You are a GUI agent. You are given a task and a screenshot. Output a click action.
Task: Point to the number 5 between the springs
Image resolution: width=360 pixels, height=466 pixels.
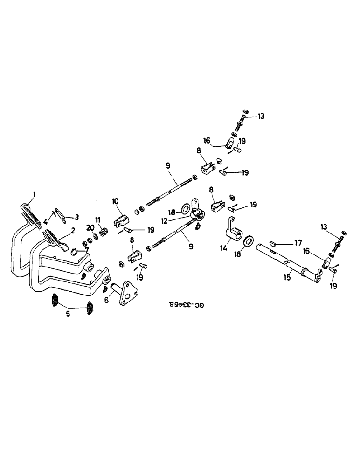point(68,314)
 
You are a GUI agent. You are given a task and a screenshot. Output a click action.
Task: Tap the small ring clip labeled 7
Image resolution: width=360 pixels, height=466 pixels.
point(75,253)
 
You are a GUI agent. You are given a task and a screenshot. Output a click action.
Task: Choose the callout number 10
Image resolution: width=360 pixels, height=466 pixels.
point(115,201)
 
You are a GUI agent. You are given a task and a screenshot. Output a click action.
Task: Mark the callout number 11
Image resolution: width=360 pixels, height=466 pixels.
point(98,219)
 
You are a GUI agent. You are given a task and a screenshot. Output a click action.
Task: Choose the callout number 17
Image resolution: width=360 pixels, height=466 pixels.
point(299,242)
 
